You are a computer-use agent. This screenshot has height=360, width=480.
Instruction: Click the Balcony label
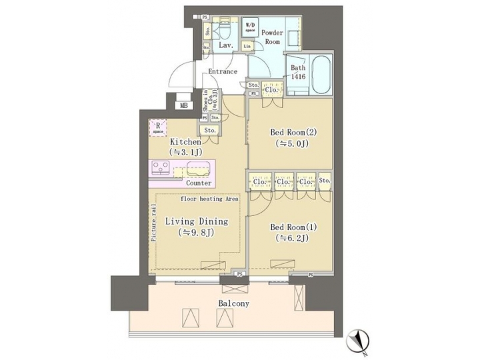pyautogui.click(x=233, y=303)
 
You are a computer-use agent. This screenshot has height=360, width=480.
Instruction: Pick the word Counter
pyautogui.click(x=199, y=183)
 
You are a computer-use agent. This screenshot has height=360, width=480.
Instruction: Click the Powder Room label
pyautogui.click(x=271, y=37)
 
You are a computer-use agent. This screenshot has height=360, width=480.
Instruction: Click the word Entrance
pyautogui.click(x=223, y=71)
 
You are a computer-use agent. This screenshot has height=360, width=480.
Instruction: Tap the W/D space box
pyautogui.click(x=251, y=27)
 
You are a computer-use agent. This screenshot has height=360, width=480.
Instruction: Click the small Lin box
pyautogui.click(x=247, y=46)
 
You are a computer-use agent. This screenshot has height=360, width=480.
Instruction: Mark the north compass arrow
pyautogui.click(x=357, y=339)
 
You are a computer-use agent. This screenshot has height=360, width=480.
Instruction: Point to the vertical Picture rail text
pyautogui.click(x=153, y=227)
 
